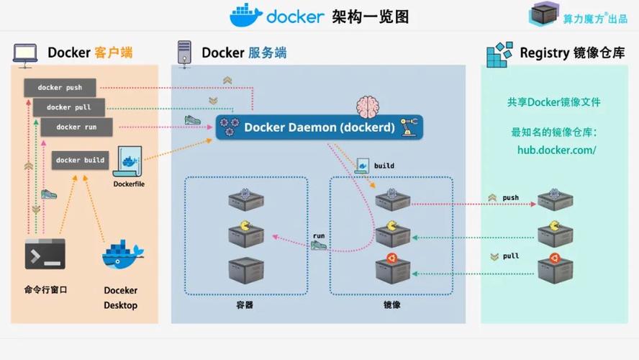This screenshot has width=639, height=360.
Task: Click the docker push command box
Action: pyautogui.click(x=60, y=88)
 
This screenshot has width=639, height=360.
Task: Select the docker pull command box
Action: pyautogui.click(x=69, y=107)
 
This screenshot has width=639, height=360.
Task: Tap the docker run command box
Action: pyautogui.click(x=77, y=127)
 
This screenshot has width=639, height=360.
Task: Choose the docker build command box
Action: pyautogui.click(x=80, y=160)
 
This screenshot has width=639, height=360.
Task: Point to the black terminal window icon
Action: pyautogui.click(x=45, y=254)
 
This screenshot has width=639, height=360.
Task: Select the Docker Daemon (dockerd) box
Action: pyautogui.click(x=319, y=127)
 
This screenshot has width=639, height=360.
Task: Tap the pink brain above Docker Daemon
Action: pyautogui.click(x=368, y=105)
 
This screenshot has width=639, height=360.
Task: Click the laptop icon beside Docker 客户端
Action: pyautogui.click(x=25, y=53)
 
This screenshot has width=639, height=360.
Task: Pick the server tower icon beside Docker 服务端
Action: pyautogui.click(x=184, y=53)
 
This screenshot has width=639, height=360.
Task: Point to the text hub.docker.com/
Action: pyautogui.click(x=557, y=150)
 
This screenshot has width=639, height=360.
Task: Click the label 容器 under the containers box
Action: pyautogui.click(x=245, y=305)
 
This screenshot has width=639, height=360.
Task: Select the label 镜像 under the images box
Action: pyautogui.click(x=391, y=305)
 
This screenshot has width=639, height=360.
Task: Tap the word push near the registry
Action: pyautogui.click(x=510, y=197)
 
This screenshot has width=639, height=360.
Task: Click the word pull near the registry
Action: pyautogui.click(x=510, y=256)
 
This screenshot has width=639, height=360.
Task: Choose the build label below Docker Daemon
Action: pyautogui.click(x=384, y=166)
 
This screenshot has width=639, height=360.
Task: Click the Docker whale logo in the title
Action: pyautogui.click(x=245, y=14)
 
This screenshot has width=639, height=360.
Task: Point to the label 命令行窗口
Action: pyautogui.click(x=45, y=290)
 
